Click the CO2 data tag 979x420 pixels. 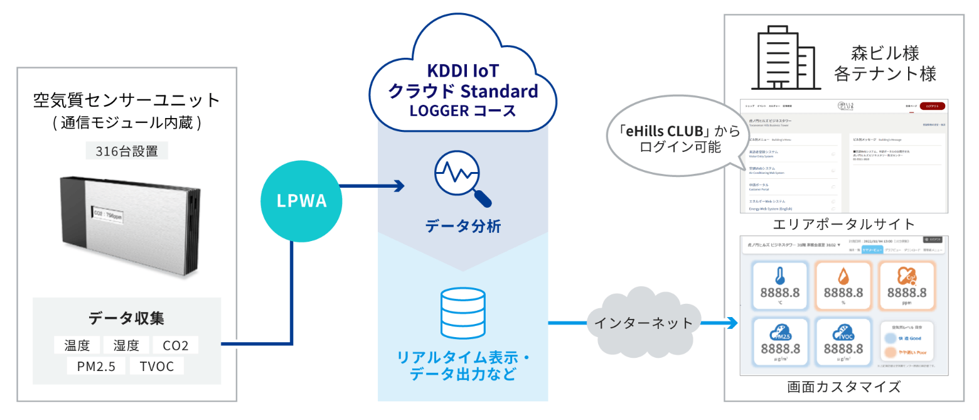tap(176, 345)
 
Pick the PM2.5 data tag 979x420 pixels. tap(96, 366)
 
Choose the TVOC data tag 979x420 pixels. tap(157, 366)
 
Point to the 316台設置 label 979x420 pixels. tap(127, 150)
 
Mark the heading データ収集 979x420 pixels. tap(127, 318)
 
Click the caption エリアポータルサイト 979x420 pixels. tap(843, 224)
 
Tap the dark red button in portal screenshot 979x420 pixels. tap(932, 107)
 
